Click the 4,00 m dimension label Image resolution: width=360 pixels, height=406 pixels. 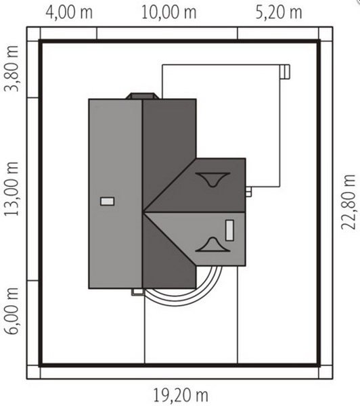point(69,12)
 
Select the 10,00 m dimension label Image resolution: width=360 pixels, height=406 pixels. point(169,12)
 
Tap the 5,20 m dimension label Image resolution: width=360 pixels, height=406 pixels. point(279,12)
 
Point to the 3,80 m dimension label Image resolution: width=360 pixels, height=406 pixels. point(11,68)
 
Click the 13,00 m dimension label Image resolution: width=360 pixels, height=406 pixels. point(11,189)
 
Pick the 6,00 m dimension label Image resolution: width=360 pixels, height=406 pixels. point(11,311)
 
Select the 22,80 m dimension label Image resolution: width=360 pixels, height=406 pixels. point(348,202)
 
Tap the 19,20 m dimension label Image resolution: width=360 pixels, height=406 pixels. point(181,395)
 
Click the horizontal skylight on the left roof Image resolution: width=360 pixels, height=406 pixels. point(107,201)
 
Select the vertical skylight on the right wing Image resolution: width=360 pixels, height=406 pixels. point(229,230)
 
